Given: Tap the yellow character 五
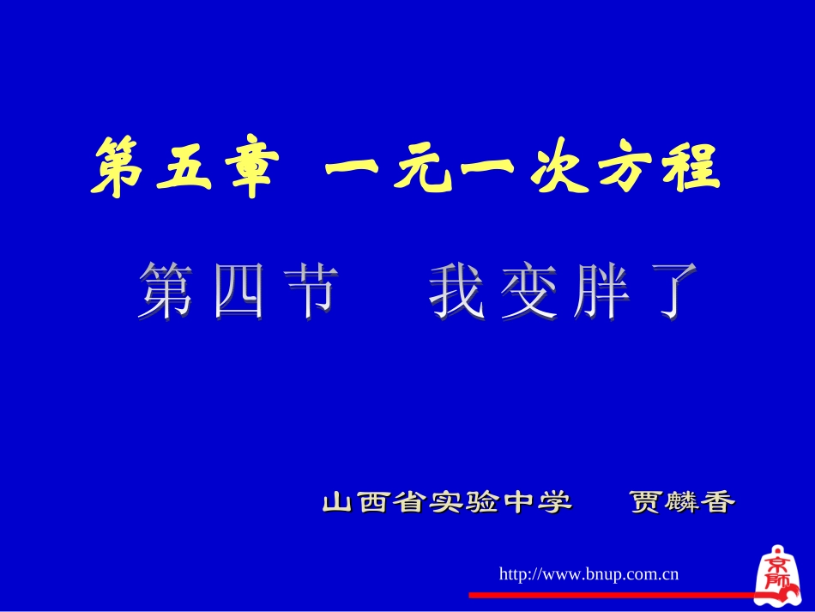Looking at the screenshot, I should (184, 168).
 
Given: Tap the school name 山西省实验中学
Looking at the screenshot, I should (447, 502).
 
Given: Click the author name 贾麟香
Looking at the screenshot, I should (682, 502).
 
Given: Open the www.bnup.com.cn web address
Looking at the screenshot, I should (589, 573).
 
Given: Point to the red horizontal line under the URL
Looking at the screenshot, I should (609, 594).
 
